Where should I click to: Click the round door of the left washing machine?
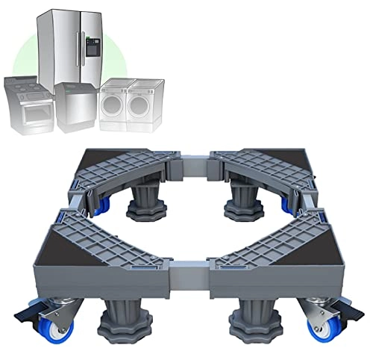coord(113,105)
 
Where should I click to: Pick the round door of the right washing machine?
coord(140,105)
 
